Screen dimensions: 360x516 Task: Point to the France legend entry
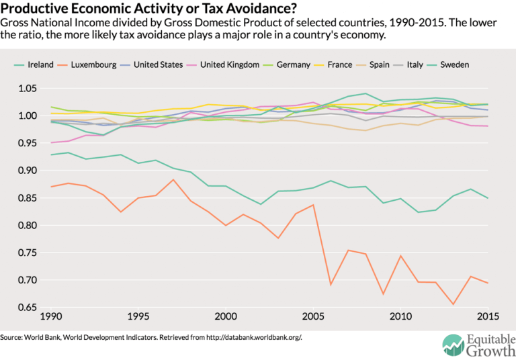[338, 64]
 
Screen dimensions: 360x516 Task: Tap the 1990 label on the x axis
[52, 316]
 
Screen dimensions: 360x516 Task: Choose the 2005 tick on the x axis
[312, 316]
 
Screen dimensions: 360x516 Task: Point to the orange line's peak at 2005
[312, 205]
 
